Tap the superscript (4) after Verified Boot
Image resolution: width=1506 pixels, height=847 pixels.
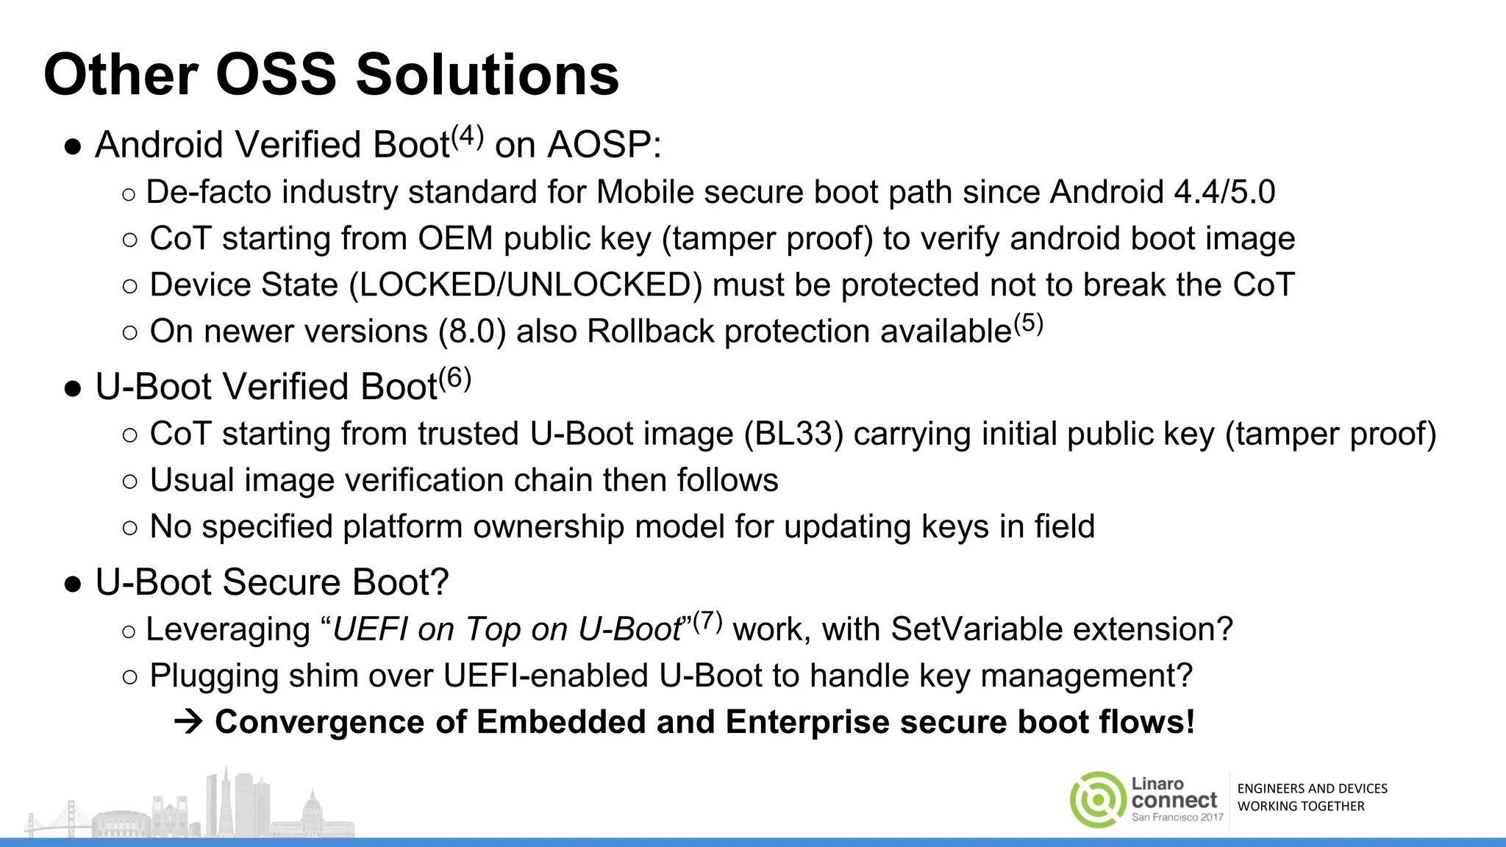point(467,136)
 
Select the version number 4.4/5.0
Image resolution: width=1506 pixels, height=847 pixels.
point(1224,193)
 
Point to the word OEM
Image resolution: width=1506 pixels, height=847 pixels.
point(455,239)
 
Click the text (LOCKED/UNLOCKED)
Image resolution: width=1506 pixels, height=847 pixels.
point(525,285)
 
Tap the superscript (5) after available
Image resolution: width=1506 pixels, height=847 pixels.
point(1028,323)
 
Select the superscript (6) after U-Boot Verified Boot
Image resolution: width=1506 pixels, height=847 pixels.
point(454,378)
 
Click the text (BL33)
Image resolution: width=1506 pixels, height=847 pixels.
point(793,434)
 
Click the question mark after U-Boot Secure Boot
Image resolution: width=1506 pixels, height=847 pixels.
point(440,582)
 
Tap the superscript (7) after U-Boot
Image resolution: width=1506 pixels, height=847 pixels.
point(707,621)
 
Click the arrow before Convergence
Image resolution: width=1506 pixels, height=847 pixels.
point(188,722)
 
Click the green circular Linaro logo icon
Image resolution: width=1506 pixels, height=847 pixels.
point(1097,799)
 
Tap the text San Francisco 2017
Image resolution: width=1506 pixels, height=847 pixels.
point(1177,817)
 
